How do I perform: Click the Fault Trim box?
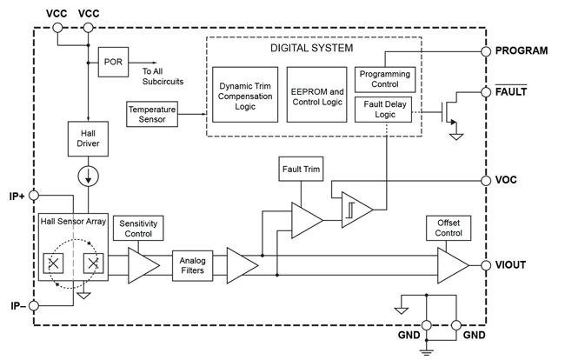[301, 169]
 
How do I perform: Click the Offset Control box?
[449, 228]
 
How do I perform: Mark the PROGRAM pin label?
[521, 51]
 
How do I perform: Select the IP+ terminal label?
[16, 196]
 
